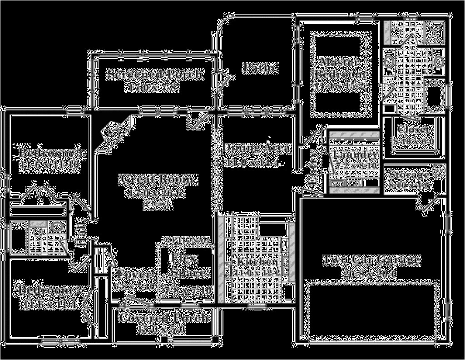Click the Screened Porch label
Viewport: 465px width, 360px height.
155,74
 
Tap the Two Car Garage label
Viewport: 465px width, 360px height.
371,260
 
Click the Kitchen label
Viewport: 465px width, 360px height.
256,262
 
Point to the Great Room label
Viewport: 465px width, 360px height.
159,180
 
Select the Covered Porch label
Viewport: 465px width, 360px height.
165,317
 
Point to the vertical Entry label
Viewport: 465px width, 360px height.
315,167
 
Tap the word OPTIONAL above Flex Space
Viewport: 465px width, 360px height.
186,239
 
